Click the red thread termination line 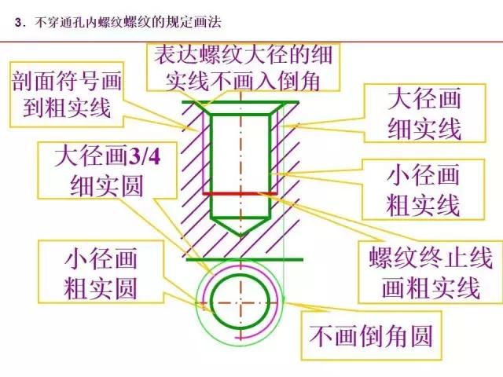pos(240,192)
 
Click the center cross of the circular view pos(240,302)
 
